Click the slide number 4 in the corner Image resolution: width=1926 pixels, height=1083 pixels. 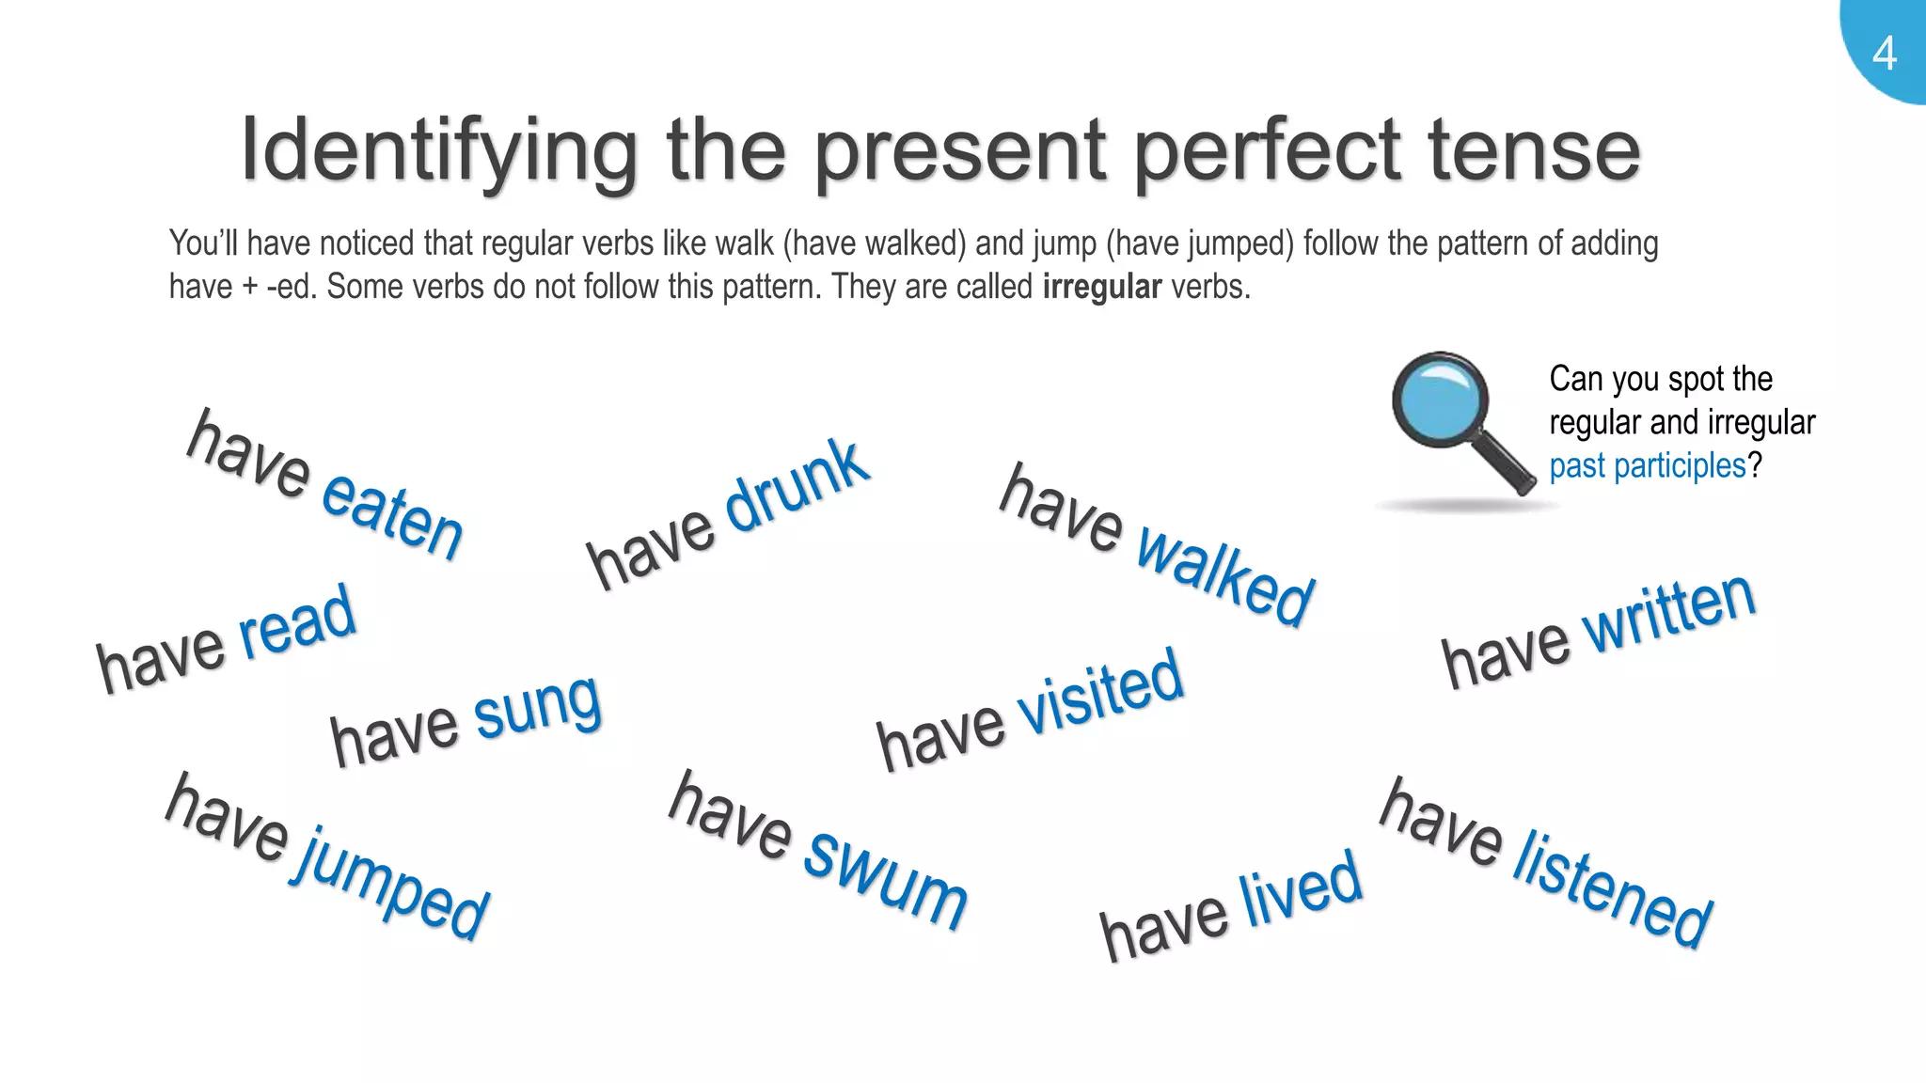click(x=1884, y=54)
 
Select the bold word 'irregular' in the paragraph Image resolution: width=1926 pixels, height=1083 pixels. click(x=1102, y=287)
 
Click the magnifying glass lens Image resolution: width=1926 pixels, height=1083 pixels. click(x=1440, y=400)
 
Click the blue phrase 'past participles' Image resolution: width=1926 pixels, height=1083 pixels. click(x=1647, y=465)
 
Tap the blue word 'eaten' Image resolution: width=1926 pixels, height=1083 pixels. click(x=392, y=514)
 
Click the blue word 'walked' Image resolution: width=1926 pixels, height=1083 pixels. click(x=1224, y=576)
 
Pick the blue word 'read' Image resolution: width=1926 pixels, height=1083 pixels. click(x=297, y=621)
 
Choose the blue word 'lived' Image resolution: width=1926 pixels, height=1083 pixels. click(x=1301, y=888)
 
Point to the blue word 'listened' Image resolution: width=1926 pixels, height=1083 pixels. click(x=1612, y=888)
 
